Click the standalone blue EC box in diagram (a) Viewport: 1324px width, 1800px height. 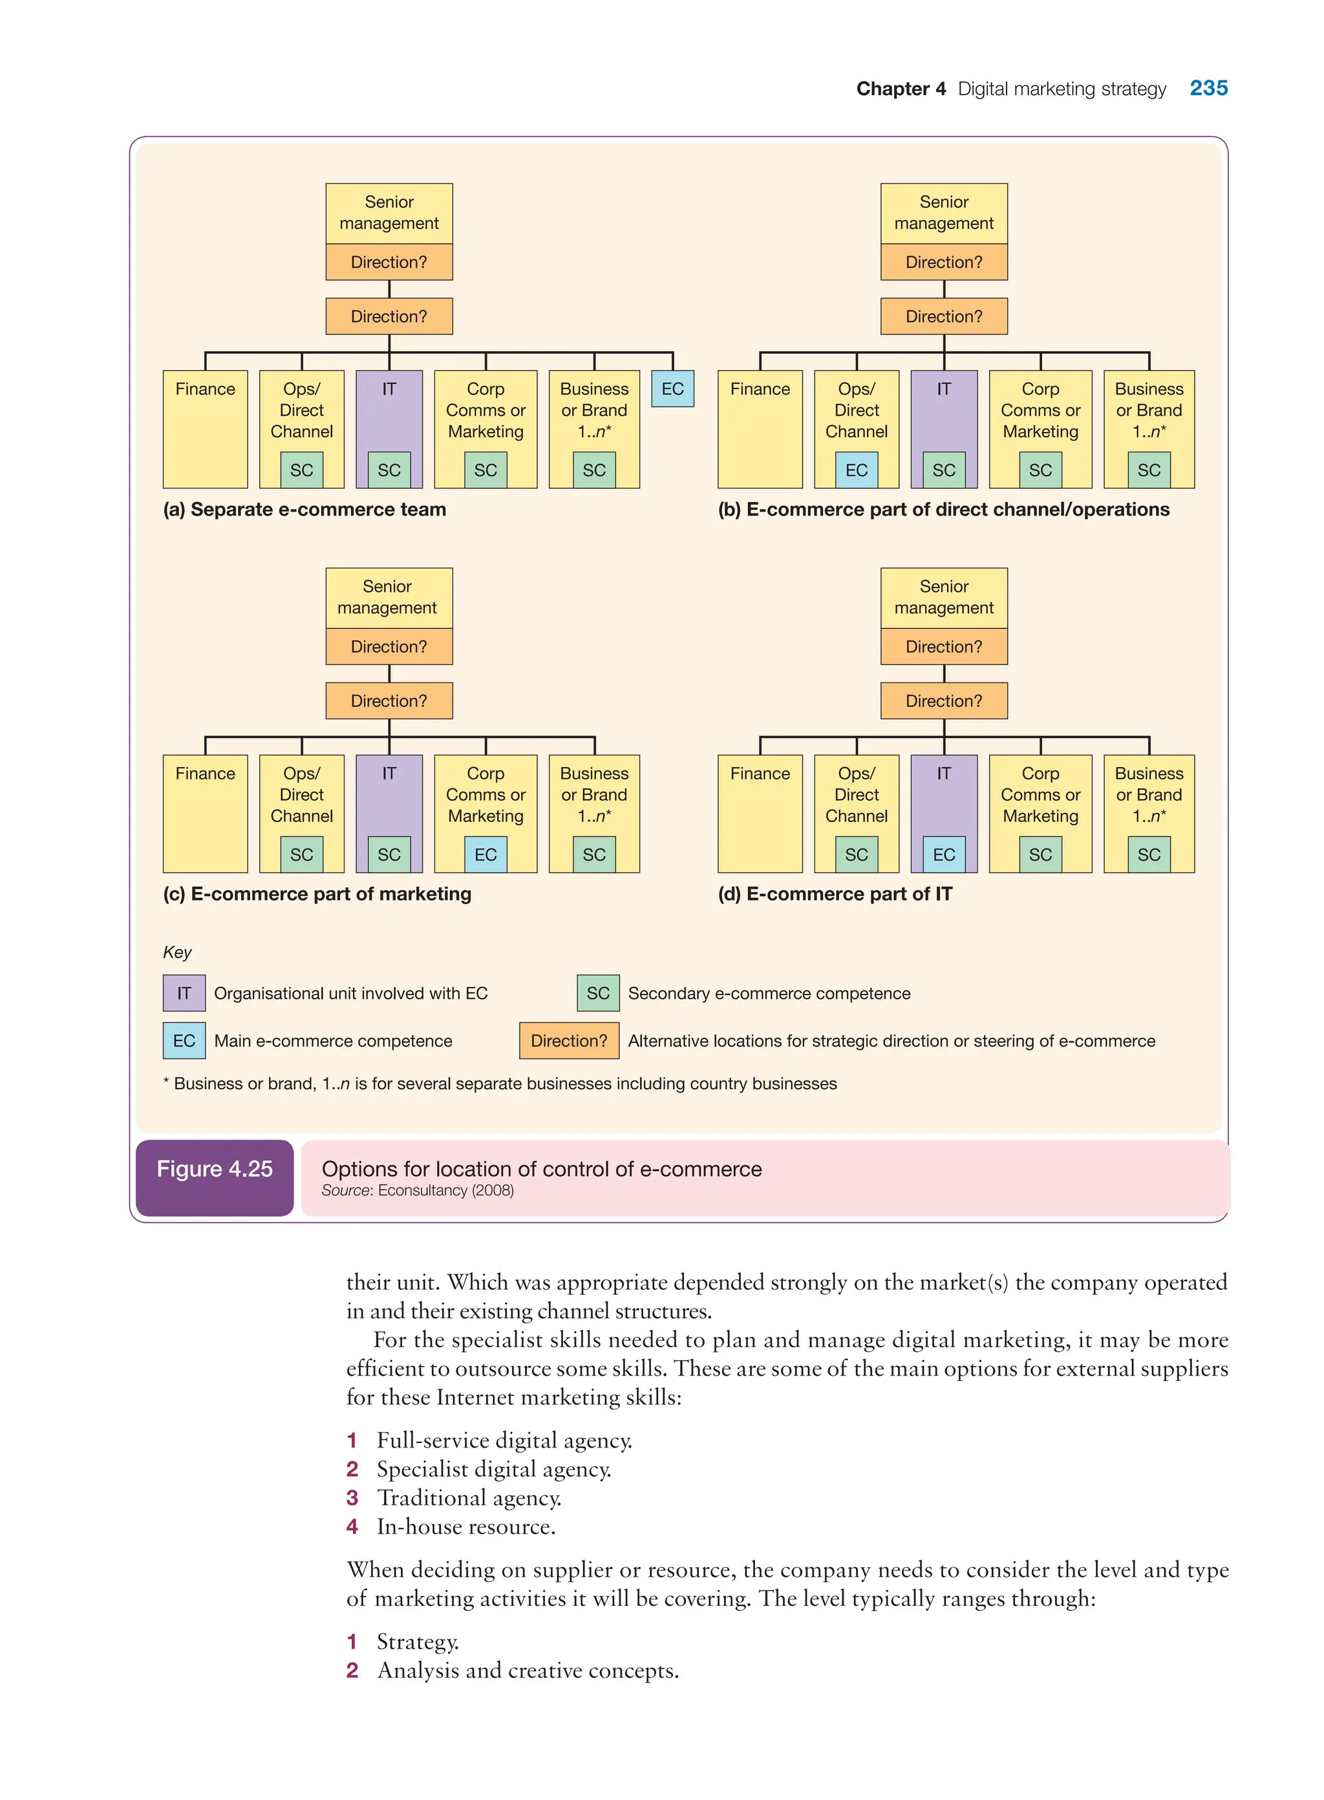point(672,389)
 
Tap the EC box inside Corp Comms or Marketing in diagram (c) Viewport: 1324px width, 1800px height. point(485,854)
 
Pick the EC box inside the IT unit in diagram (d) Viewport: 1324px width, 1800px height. point(943,854)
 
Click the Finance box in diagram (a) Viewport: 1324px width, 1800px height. point(205,429)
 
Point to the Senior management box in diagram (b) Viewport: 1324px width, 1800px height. point(943,213)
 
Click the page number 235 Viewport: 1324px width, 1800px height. point(1208,88)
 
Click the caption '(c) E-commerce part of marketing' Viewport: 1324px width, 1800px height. point(317,894)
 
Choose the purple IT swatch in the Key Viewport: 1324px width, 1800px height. point(184,993)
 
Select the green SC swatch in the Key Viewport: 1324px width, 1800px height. point(598,993)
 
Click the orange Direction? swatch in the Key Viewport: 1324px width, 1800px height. point(569,1041)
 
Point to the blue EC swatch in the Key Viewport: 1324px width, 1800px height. point(184,1041)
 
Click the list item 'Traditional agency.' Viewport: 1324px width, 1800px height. point(469,1499)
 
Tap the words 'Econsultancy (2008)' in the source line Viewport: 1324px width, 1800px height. point(445,1191)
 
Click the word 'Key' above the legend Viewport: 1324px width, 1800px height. point(177,953)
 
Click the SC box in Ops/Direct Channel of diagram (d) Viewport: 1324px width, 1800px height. point(856,854)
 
